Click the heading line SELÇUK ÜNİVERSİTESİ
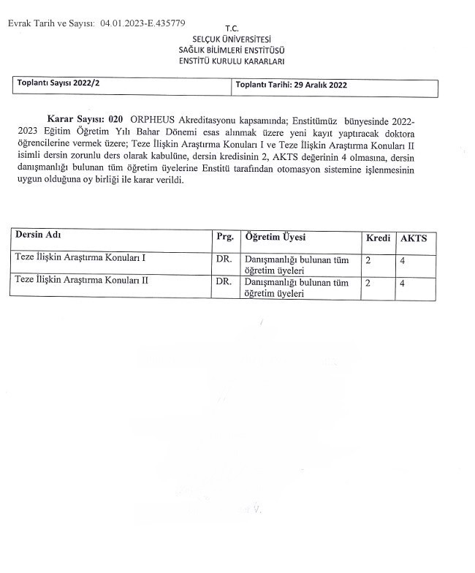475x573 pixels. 232,39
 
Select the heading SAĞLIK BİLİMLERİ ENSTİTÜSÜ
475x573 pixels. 232,50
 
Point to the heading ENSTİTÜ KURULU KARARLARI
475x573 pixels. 232,61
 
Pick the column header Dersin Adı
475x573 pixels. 38,236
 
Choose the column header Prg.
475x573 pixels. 224,238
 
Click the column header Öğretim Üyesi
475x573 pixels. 275,238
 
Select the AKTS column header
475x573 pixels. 414,238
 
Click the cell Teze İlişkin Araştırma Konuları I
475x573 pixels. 80,259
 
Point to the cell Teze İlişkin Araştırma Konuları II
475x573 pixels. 82,281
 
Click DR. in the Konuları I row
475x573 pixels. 224,259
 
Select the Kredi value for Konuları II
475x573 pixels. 368,282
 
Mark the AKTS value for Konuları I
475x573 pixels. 403,260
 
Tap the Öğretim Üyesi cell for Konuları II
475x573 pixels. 297,287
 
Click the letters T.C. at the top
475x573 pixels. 232,29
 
